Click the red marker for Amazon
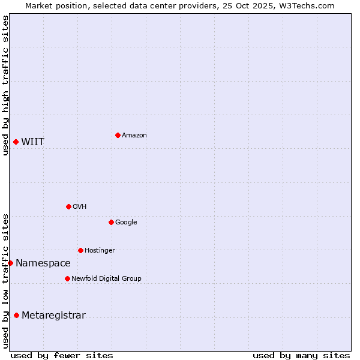coord(118,135)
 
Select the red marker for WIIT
coord(16,142)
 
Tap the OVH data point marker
coord(68,206)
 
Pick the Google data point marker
coord(111,222)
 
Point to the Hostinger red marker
coord(80,250)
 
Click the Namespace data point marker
coord(10,263)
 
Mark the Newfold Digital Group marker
coord(67,278)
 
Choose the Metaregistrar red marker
coord(16,315)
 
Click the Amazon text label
coord(134,136)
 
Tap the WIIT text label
coord(32,142)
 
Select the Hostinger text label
coord(100,251)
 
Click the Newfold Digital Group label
coord(106,279)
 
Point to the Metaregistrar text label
coord(53,316)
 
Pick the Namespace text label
coord(43,263)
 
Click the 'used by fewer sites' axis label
coord(62,356)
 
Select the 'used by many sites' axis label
coord(301,356)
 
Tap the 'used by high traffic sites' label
coord(5,85)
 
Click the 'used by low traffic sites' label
coord(5,281)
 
